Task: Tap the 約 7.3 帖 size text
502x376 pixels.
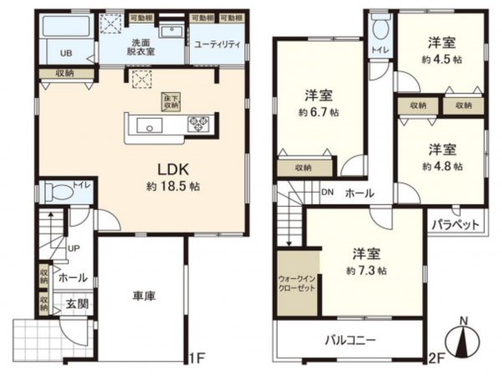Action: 366,270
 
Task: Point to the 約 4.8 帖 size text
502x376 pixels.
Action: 440,166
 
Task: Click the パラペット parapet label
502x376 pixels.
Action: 457,224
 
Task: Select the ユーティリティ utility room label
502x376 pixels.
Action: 216,44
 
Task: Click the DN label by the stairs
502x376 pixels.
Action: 327,191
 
